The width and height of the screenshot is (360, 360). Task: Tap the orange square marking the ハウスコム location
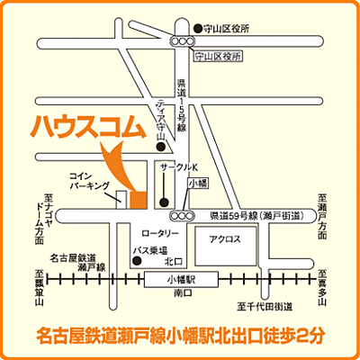(139, 197)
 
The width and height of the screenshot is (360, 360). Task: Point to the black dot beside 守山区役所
(197, 29)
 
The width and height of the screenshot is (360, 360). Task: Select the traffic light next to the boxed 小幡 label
(186, 216)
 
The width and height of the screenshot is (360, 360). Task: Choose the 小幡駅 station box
(182, 280)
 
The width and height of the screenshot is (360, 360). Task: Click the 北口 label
(171, 263)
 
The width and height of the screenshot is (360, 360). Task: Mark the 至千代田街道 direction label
(265, 308)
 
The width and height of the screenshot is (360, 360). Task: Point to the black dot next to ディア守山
(161, 146)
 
